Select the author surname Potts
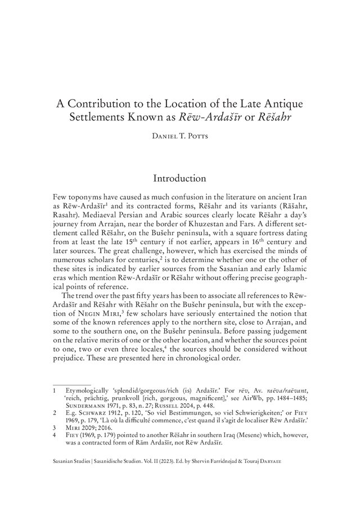tap(193, 137)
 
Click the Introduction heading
tap(179, 178)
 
